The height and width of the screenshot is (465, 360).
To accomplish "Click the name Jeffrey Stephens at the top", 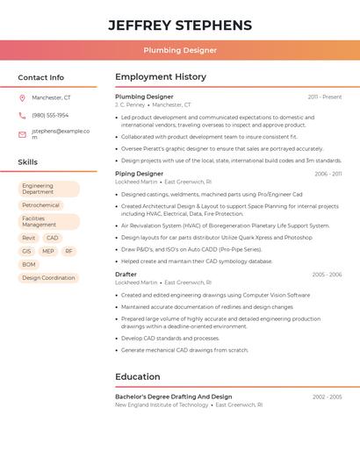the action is [x=180, y=25].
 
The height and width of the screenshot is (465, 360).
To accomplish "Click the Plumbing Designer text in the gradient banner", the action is [x=180, y=50].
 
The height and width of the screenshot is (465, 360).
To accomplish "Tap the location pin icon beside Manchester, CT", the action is [x=22, y=97].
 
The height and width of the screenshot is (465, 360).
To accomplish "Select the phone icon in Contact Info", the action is [x=22, y=115].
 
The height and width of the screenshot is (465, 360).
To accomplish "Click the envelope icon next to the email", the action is [x=22, y=134].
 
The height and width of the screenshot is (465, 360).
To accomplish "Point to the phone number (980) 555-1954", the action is [x=50, y=115].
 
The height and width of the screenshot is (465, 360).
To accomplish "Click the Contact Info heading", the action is [x=40, y=77].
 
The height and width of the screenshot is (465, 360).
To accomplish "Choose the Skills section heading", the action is [x=27, y=162].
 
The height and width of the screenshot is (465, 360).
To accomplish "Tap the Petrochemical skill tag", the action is [x=40, y=205].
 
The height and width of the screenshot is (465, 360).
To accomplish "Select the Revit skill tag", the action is [x=29, y=238].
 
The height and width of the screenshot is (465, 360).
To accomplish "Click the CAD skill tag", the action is [x=53, y=238].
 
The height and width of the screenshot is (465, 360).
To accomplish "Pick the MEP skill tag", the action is [x=47, y=251].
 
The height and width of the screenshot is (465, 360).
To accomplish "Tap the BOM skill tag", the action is [x=29, y=264].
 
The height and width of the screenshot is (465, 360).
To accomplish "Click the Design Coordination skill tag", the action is [x=48, y=277].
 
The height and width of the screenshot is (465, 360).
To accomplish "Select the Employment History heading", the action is [x=161, y=77].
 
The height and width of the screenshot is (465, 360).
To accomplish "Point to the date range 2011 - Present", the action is [x=324, y=97].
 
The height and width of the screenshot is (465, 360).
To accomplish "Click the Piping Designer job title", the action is [x=139, y=174].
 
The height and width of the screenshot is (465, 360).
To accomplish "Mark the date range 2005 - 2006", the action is [x=327, y=275].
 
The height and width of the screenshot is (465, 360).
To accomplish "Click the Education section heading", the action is [x=138, y=377].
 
